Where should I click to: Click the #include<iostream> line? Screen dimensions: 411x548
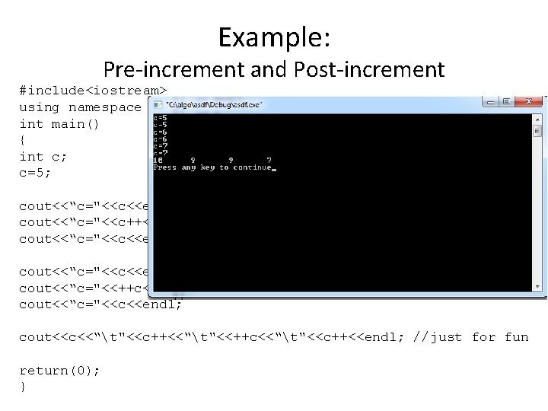[93, 91]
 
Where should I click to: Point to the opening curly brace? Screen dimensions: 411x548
[23, 140]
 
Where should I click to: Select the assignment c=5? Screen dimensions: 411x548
[35, 173]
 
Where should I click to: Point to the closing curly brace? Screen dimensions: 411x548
[23, 386]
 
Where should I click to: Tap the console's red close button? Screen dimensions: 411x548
[525, 101]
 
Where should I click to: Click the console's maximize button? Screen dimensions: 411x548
[504, 101]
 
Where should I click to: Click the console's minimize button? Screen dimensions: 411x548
[487, 101]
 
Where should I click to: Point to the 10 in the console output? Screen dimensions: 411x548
[158, 160]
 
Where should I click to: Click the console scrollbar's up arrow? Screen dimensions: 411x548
[537, 119]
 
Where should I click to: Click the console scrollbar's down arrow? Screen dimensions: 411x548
[537, 286]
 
